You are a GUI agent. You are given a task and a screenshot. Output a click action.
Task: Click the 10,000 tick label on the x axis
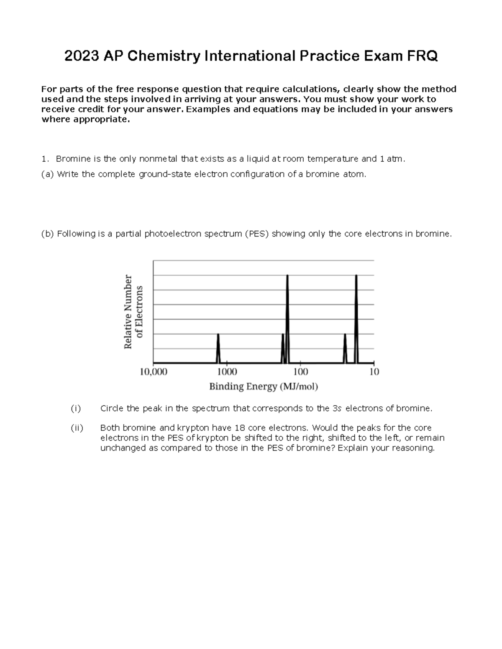153,372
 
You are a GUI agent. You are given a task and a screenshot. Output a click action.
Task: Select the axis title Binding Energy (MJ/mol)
264,387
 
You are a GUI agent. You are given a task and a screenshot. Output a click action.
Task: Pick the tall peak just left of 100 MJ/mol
287,318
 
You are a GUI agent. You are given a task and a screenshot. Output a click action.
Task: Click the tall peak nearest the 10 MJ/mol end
356,318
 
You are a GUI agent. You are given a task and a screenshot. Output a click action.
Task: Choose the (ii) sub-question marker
77,428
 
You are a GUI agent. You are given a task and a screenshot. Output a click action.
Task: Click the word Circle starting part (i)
112,408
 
